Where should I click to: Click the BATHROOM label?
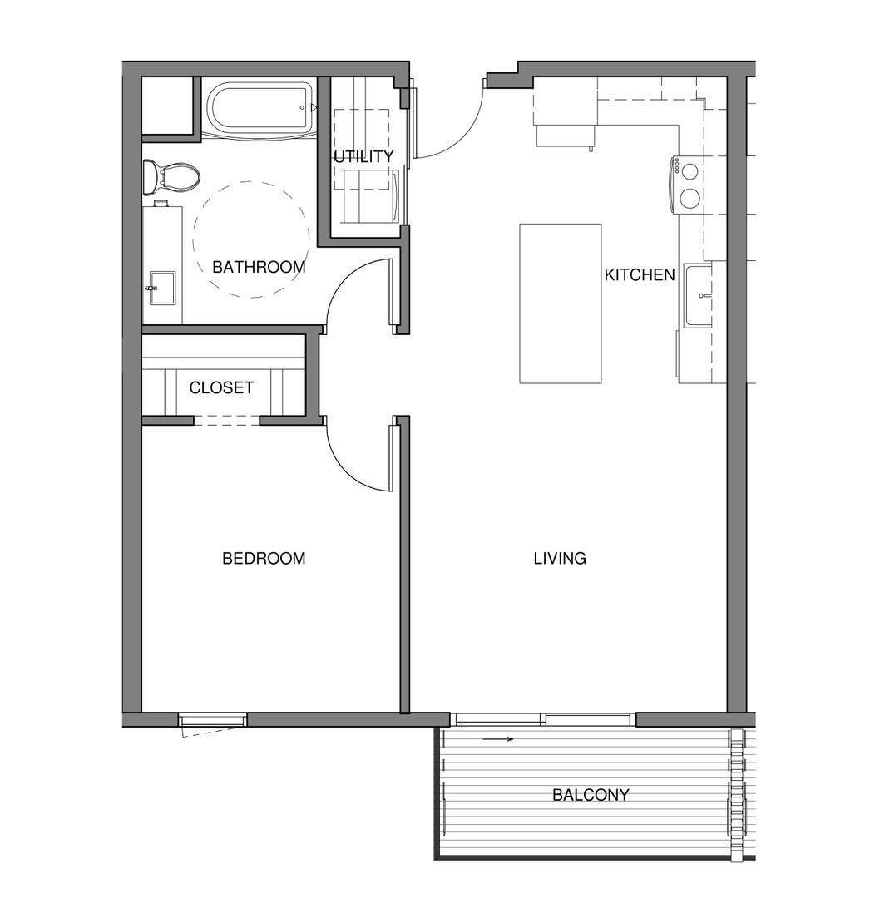(x=259, y=268)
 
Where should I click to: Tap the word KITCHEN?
(x=640, y=275)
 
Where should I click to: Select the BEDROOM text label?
(x=264, y=559)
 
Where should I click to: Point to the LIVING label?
(x=560, y=559)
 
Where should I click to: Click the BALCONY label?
(x=591, y=795)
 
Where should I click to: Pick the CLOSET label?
(x=221, y=388)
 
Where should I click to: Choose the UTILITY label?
(x=363, y=157)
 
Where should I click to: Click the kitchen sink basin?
(x=699, y=295)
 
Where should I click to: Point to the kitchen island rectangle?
(x=560, y=303)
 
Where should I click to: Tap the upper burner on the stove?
(x=690, y=170)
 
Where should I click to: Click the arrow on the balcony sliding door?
(x=498, y=738)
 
